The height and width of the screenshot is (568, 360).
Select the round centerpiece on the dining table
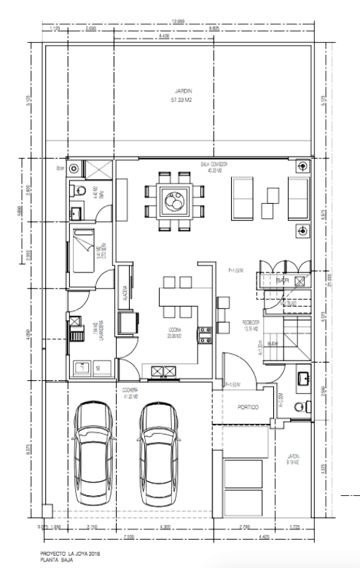tap(175, 197)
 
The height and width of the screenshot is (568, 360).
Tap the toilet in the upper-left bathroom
tap(76, 190)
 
